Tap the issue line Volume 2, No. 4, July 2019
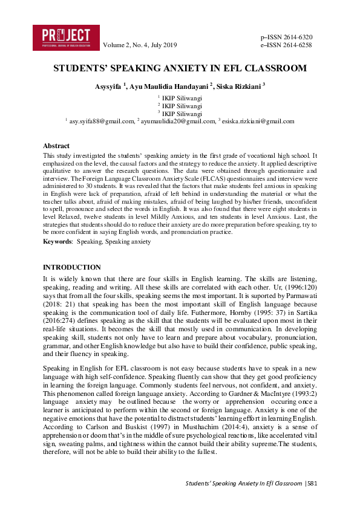click(140, 45)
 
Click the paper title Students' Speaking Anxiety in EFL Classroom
click(180, 68)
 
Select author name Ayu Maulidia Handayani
click(171, 86)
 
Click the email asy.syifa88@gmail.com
click(102, 121)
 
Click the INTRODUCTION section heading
click(72, 267)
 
